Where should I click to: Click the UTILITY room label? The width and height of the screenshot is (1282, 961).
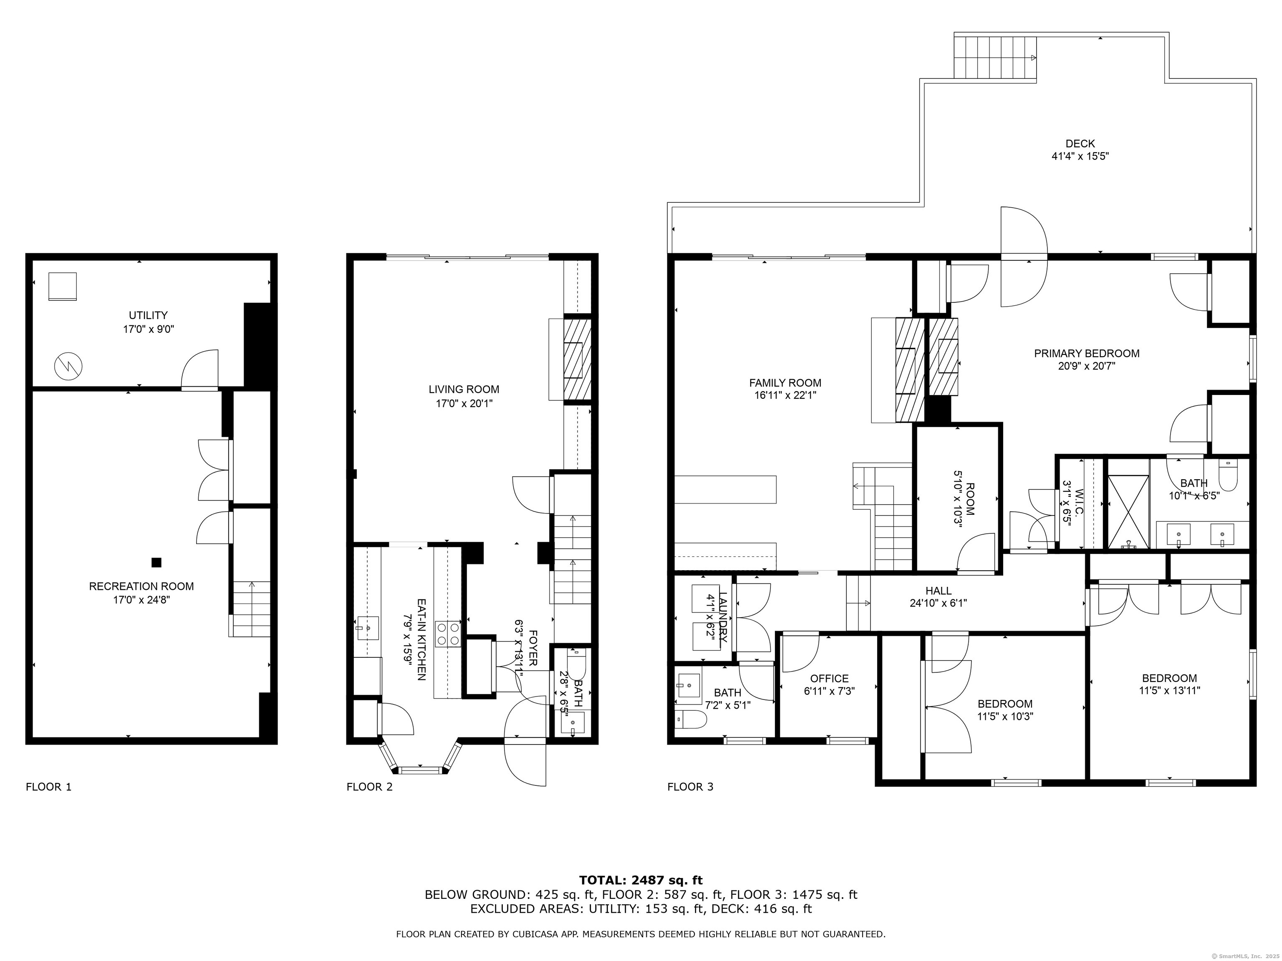coord(149,315)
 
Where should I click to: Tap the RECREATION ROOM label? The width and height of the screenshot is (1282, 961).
coord(141,586)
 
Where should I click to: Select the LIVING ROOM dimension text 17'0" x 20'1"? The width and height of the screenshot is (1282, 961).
coord(464,403)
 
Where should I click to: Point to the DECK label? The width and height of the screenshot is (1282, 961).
coord(1080,143)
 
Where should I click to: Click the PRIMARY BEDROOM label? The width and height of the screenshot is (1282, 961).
coord(1087,353)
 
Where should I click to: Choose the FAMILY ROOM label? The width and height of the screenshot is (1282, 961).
coord(785,383)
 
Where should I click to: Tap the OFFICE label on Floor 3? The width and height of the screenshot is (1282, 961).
coord(829,678)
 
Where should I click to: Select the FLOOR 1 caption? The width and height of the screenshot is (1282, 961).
coord(49,787)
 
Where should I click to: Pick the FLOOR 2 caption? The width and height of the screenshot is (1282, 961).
coord(370,787)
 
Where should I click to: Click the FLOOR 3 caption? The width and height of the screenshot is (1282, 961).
coord(690,787)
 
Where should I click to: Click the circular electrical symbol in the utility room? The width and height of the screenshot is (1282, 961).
coord(68,365)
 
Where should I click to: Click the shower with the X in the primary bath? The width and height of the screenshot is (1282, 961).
coord(1128,511)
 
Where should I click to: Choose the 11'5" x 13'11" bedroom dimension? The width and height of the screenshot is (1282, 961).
coord(1170,690)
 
